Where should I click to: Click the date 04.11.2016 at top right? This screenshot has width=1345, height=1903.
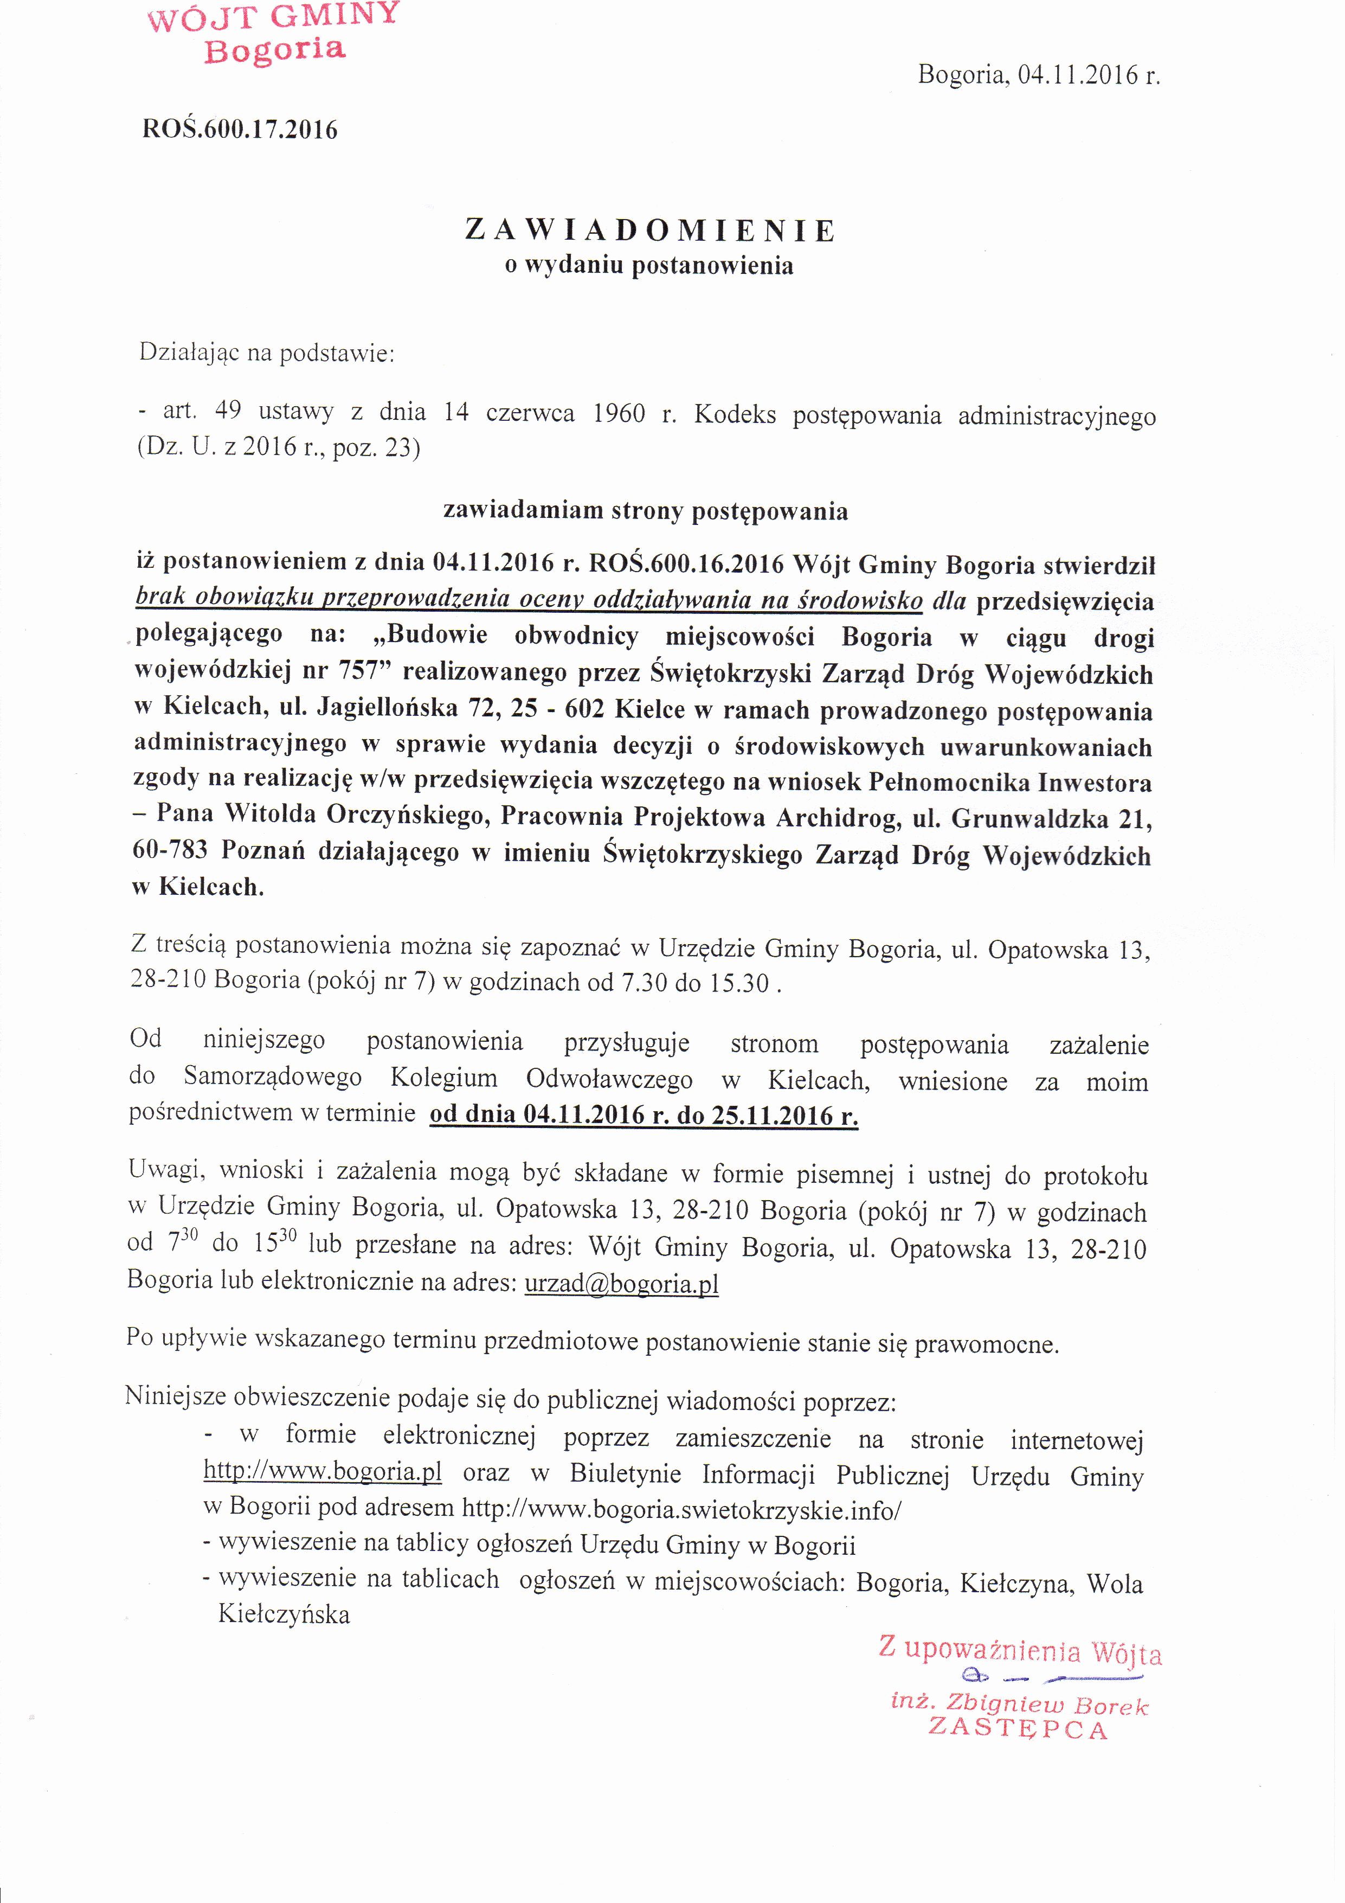point(1077,75)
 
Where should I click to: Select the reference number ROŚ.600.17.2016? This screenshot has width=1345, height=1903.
point(240,129)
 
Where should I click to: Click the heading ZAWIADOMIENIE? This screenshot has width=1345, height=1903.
point(651,230)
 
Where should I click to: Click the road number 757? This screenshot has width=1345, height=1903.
point(359,672)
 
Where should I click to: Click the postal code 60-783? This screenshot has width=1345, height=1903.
point(170,852)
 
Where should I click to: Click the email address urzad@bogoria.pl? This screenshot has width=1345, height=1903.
point(621,1284)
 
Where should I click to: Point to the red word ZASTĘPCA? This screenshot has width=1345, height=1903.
point(1018,1730)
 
